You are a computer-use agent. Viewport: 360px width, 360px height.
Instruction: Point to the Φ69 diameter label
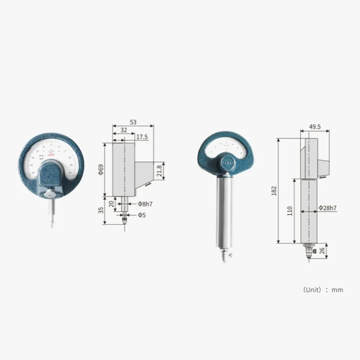tap(101, 169)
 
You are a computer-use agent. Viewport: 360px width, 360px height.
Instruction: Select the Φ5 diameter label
tap(141, 215)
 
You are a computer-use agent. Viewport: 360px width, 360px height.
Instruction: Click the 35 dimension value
tap(101, 210)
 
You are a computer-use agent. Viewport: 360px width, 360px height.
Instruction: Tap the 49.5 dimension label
tap(315, 127)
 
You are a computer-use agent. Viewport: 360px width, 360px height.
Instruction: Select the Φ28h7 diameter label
tap(328, 208)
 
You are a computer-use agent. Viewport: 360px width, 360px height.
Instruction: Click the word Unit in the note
tap(312, 290)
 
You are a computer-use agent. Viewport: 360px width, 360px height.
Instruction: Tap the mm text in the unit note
tap(337, 290)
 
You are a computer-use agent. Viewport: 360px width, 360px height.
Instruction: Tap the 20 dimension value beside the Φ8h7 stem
tap(111, 203)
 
